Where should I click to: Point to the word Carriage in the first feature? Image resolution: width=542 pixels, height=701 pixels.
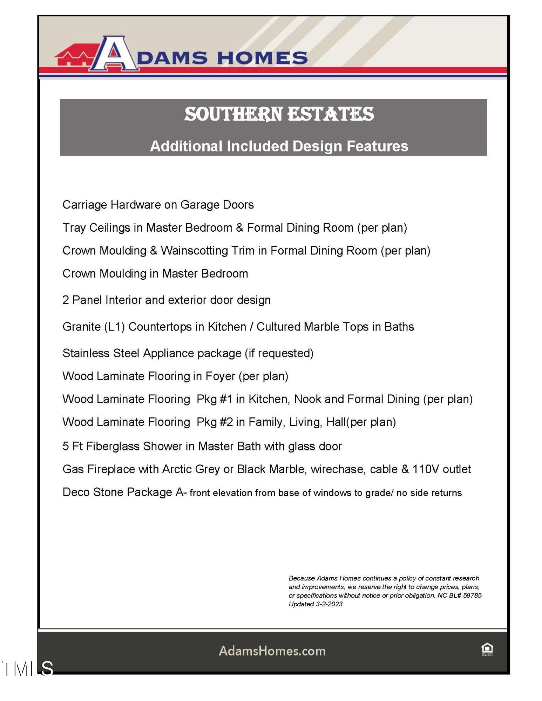click(x=84, y=205)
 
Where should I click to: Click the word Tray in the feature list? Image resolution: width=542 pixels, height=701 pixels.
click(x=74, y=228)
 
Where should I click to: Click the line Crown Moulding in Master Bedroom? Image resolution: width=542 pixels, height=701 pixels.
click(x=155, y=274)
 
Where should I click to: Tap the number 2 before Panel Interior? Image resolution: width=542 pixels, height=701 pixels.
click(x=66, y=300)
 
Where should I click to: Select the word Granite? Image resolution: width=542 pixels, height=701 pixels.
click(x=82, y=327)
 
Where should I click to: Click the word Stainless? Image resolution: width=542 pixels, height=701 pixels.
click(x=86, y=353)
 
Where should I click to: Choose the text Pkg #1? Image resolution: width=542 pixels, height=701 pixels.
click(x=215, y=400)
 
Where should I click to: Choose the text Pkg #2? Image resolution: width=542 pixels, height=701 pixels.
click(x=215, y=422)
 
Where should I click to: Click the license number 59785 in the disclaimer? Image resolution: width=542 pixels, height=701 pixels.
click(x=472, y=595)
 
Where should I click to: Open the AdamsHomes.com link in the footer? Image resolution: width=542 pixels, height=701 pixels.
click(x=272, y=651)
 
